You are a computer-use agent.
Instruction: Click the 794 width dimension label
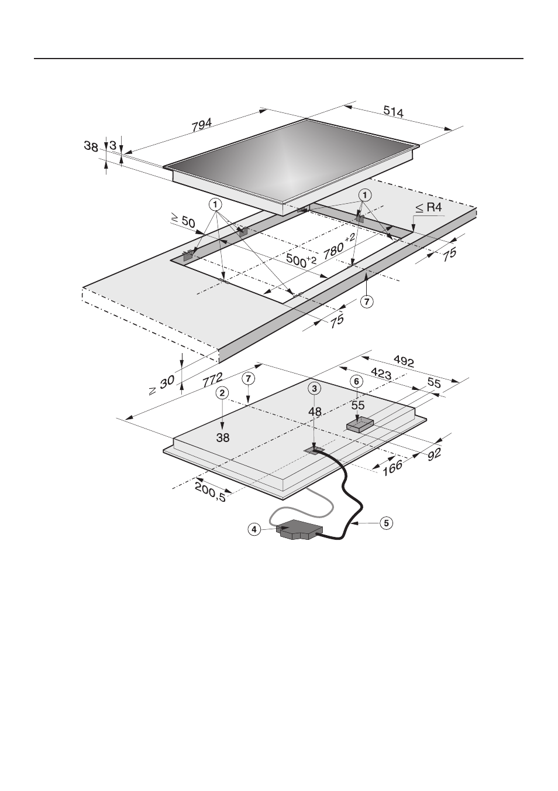pyautogui.click(x=202, y=125)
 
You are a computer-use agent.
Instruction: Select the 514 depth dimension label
pyautogui.click(x=393, y=112)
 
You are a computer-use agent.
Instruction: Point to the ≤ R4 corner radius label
pyautogui.click(x=429, y=208)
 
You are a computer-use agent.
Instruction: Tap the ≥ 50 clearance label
pyautogui.click(x=182, y=221)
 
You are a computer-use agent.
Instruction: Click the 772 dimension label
pyautogui.click(x=213, y=381)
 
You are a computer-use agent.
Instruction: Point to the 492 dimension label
pyautogui.click(x=404, y=361)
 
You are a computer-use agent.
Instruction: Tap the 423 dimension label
pyautogui.click(x=381, y=374)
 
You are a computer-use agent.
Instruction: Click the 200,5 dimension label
pyautogui.click(x=210, y=492)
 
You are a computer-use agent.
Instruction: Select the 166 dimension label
pyautogui.click(x=392, y=468)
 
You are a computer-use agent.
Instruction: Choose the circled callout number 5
pyautogui.click(x=386, y=523)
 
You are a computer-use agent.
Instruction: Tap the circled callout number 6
pyautogui.click(x=356, y=381)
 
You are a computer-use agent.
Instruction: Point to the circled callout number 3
pyautogui.click(x=314, y=388)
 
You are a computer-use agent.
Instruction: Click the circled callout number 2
pyautogui.click(x=223, y=393)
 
